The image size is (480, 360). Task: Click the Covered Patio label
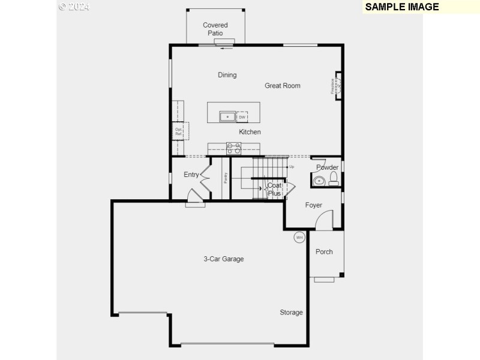coord(215,29)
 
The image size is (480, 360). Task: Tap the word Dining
coord(227,75)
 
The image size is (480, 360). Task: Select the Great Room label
coord(283,86)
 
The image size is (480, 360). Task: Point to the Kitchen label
coord(250,132)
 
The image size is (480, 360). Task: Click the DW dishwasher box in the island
coord(242,117)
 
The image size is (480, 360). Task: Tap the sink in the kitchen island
coord(228,116)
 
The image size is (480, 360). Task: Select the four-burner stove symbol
coord(233,148)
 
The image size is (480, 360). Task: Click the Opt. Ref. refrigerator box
coord(179,131)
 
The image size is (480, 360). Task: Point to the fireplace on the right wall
coord(337,86)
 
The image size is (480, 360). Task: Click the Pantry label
coord(226,178)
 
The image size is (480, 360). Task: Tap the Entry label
coord(191,175)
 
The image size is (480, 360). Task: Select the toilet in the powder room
coord(334,178)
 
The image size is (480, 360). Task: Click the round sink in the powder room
coord(319,180)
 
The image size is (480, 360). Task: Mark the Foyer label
coord(314,205)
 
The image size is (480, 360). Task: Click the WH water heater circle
coord(299,238)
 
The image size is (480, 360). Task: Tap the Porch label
coord(324,252)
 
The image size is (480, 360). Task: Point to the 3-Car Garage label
coord(223,259)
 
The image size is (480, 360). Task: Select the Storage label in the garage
coord(291,313)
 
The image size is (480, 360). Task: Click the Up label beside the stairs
coord(292,166)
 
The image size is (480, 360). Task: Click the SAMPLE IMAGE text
coord(402,7)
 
